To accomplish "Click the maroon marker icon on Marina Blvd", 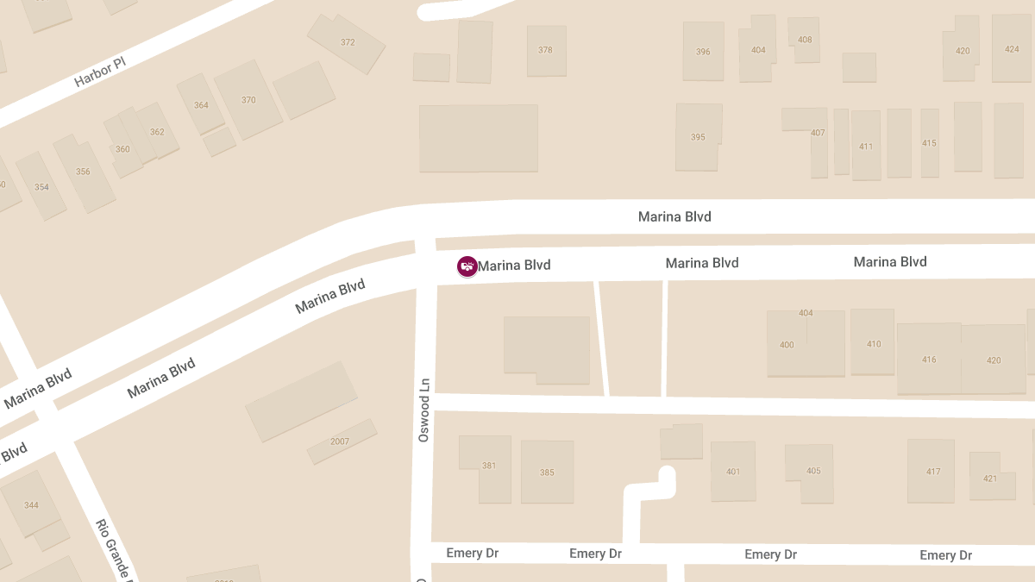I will (x=467, y=266).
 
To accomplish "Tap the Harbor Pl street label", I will (x=100, y=72).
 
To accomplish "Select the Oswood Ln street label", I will (x=423, y=410).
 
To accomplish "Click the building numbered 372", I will (x=348, y=42).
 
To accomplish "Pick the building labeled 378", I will (x=545, y=50).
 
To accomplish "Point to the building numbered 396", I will (x=703, y=52).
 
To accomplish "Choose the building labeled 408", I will (x=805, y=40).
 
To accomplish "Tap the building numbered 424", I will (x=1012, y=49).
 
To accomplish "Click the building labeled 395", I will (x=698, y=137).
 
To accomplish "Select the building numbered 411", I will (x=866, y=147).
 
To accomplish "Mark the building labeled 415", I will (x=929, y=143).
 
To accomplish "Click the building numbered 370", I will (x=248, y=100).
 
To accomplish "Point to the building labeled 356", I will (x=83, y=172).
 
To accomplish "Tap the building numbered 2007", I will (x=340, y=441).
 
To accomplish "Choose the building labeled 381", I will (x=489, y=466).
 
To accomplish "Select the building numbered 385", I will (x=547, y=472).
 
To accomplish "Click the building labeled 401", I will (x=733, y=472).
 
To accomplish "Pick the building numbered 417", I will (x=933, y=472).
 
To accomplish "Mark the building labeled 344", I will (x=31, y=505).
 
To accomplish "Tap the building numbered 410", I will (x=874, y=344).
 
